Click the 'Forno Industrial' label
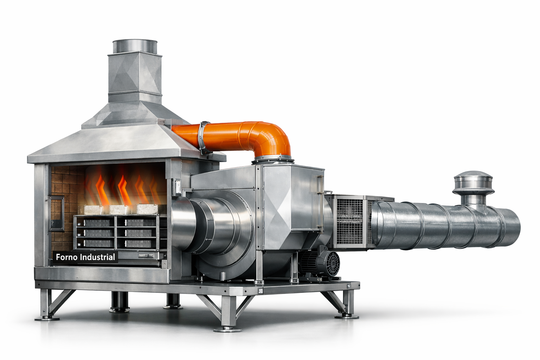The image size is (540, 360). [85, 257]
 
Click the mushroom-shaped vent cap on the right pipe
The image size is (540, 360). [473, 182]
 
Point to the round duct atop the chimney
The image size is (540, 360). [135, 46]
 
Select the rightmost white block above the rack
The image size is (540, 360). [147, 209]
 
